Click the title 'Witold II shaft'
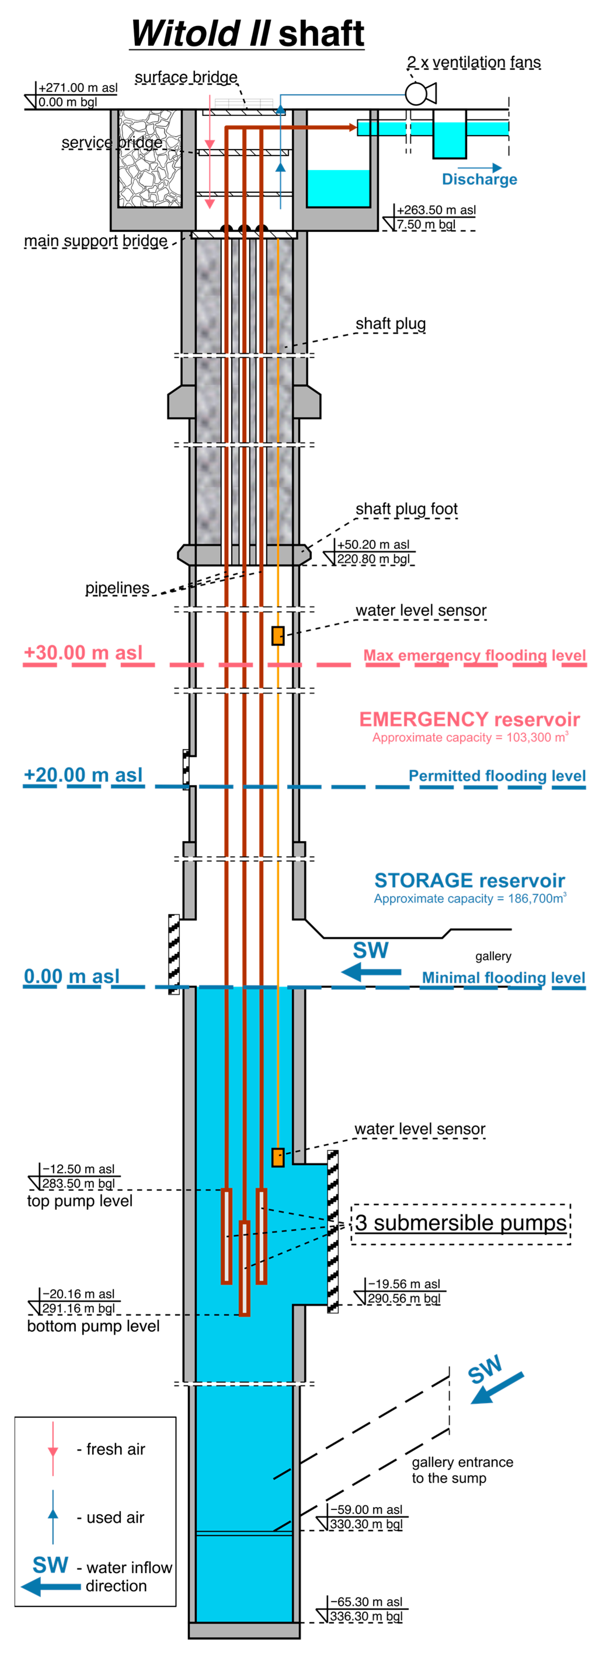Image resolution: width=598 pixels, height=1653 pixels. click(248, 33)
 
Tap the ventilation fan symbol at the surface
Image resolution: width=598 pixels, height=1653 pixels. click(418, 94)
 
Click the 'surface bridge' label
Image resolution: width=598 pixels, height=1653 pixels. click(186, 78)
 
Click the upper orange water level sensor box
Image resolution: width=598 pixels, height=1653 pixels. click(278, 635)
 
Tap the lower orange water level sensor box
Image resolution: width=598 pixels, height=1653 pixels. click(278, 1157)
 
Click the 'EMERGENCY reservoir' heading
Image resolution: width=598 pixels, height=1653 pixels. click(469, 719)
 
